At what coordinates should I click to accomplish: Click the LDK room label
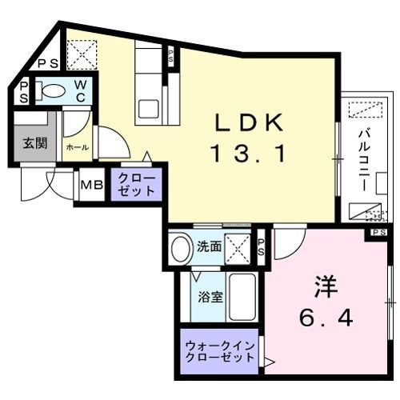point(247,122)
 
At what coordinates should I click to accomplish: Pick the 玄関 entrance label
point(33,144)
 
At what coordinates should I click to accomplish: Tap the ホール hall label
point(77,148)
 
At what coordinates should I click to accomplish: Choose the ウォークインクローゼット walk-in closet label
point(220,352)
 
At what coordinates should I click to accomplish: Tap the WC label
point(82,90)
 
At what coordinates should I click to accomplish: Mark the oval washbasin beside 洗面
point(181,248)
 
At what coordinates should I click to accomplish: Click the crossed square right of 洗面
point(239,249)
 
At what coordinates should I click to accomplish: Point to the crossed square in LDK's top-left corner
point(81,55)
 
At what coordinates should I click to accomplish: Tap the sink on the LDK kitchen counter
point(149,107)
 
